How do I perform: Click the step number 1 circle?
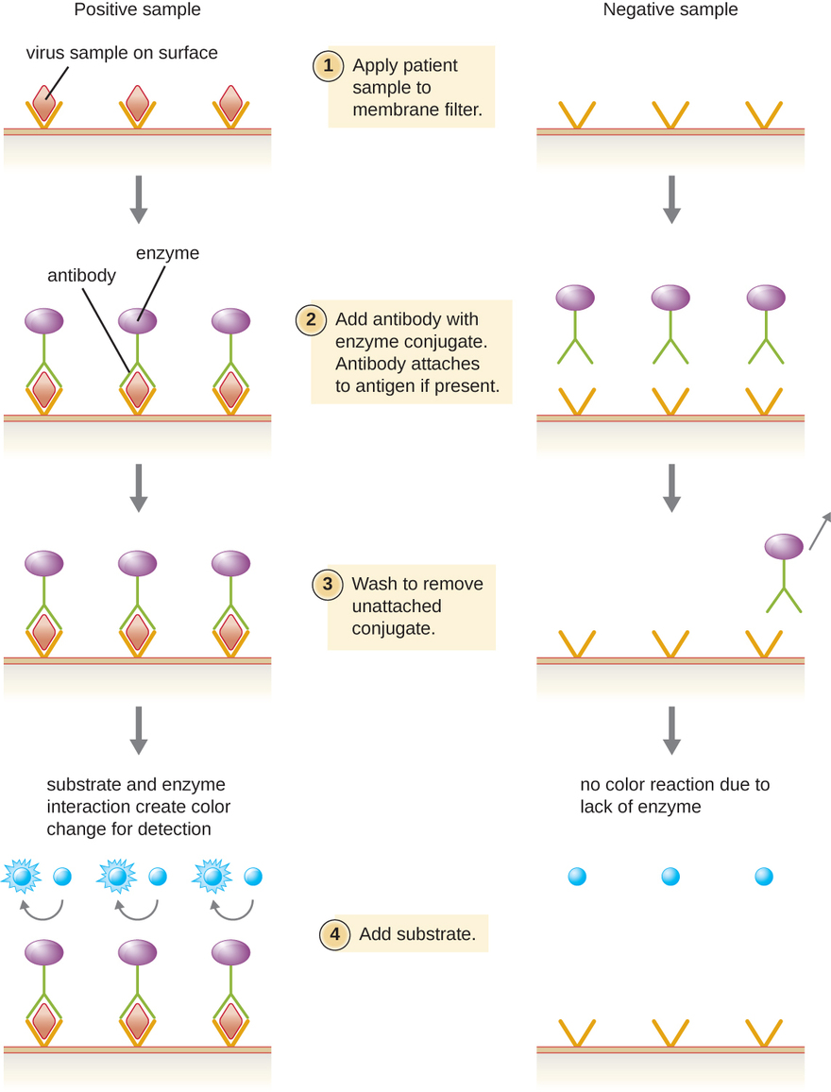click(x=328, y=66)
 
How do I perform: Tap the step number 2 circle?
click(x=310, y=319)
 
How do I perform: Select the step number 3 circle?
click(x=328, y=585)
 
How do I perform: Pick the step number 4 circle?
click(x=334, y=935)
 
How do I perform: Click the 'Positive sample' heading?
click(x=138, y=10)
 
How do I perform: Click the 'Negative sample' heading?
click(x=670, y=10)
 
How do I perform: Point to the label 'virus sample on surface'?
click(x=122, y=53)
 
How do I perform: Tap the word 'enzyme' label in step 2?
click(x=168, y=253)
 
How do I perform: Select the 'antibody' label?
click(x=81, y=276)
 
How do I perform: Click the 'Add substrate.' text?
click(x=417, y=935)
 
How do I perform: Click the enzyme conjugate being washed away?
click(x=783, y=549)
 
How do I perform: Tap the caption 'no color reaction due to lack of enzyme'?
click(x=674, y=795)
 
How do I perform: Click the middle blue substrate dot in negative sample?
click(x=670, y=877)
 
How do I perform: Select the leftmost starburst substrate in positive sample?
click(x=23, y=877)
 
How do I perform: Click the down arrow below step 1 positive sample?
click(x=139, y=198)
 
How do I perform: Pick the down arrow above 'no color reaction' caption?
click(x=671, y=729)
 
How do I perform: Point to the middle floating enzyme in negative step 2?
click(x=670, y=299)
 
